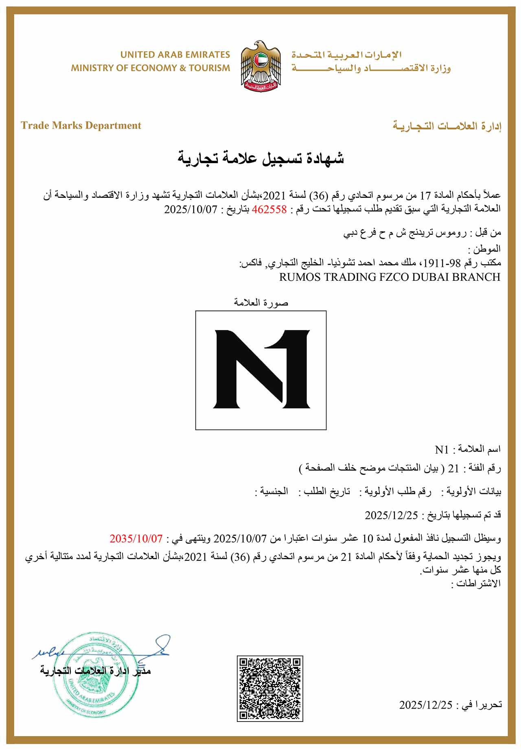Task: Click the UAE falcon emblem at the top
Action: (260, 65)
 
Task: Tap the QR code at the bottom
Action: (270, 688)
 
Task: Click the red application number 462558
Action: (270, 210)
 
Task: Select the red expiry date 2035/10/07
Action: (136, 538)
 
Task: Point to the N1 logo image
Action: (261, 370)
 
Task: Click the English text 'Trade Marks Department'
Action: (81, 125)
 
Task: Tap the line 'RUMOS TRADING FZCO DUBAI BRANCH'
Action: (390, 277)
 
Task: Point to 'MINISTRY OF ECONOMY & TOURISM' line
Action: (151, 68)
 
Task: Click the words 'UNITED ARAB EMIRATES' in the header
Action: (175, 55)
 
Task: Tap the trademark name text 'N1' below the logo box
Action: (442, 450)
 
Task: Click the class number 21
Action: (453, 469)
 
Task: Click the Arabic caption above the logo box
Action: (261, 302)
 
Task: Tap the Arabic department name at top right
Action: (447, 126)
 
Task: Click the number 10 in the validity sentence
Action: (368, 538)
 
